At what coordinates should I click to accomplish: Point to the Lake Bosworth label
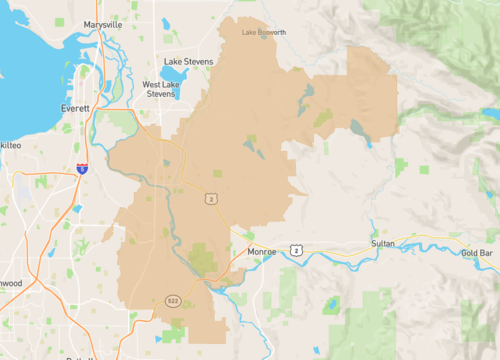pos(264,32)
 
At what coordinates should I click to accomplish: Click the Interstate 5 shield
pos(82,170)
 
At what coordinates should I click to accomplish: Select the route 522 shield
pos(172,300)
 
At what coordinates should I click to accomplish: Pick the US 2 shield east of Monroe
pos(296,247)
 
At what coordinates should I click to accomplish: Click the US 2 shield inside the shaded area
pos(212,199)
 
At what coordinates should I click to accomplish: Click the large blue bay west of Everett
pos(25,70)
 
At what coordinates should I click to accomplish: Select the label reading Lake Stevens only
pos(189,60)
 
